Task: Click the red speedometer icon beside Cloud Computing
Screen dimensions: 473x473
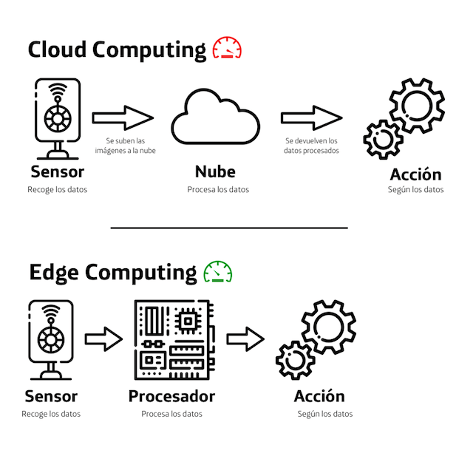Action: pyautogui.click(x=227, y=49)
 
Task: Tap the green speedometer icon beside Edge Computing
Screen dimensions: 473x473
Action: pyautogui.click(x=217, y=271)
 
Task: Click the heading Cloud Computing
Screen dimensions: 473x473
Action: pyautogui.click(x=117, y=50)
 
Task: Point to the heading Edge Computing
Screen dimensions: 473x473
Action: pyautogui.click(x=112, y=273)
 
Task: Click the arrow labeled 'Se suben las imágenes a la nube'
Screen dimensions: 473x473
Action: pyautogui.click(x=123, y=117)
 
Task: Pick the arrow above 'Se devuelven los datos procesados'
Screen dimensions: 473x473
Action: pyautogui.click(x=311, y=117)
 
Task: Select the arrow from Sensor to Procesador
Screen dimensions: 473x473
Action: pyautogui.click(x=103, y=339)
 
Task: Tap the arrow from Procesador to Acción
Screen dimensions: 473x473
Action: pyautogui.click(x=245, y=339)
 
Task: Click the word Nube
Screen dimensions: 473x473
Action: pyautogui.click(x=215, y=172)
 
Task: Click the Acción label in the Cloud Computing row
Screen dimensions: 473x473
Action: pyautogui.click(x=415, y=174)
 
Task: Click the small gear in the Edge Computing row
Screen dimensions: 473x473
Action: pyautogui.click(x=296, y=360)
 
